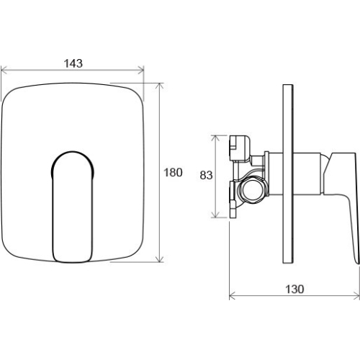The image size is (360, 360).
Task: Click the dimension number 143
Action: coord(73,63)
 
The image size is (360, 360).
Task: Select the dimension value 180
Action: coord(173,172)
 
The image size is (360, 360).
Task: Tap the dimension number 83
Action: coord(206,175)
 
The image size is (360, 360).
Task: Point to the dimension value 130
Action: coord(294,289)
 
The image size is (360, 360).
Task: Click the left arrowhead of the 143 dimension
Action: coord(4,70)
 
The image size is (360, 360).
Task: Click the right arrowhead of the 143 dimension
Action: coord(141,70)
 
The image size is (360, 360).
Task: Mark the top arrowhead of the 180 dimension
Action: coord(159,86)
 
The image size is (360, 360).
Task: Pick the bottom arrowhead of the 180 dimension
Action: coord(159,259)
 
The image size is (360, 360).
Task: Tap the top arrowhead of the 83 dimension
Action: coord(216,138)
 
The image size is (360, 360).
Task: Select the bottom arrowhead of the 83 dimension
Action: coord(216,215)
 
